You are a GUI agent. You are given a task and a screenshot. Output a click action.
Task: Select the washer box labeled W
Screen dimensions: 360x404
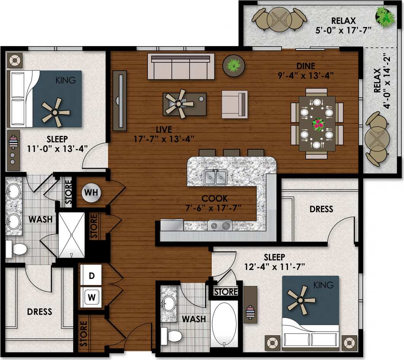91,296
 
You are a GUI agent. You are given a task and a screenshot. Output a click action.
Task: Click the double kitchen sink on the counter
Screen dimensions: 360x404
216,177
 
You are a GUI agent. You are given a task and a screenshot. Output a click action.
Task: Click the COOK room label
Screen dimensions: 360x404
215,198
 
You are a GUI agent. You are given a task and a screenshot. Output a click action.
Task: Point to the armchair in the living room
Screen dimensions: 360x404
234,104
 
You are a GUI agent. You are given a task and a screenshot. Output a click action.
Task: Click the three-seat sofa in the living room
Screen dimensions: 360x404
181,67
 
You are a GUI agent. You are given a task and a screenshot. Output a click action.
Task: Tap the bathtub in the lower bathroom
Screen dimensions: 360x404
224,324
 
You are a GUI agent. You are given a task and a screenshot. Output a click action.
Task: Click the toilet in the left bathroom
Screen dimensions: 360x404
16,249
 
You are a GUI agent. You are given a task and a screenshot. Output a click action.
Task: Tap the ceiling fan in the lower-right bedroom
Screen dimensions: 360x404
300,299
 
